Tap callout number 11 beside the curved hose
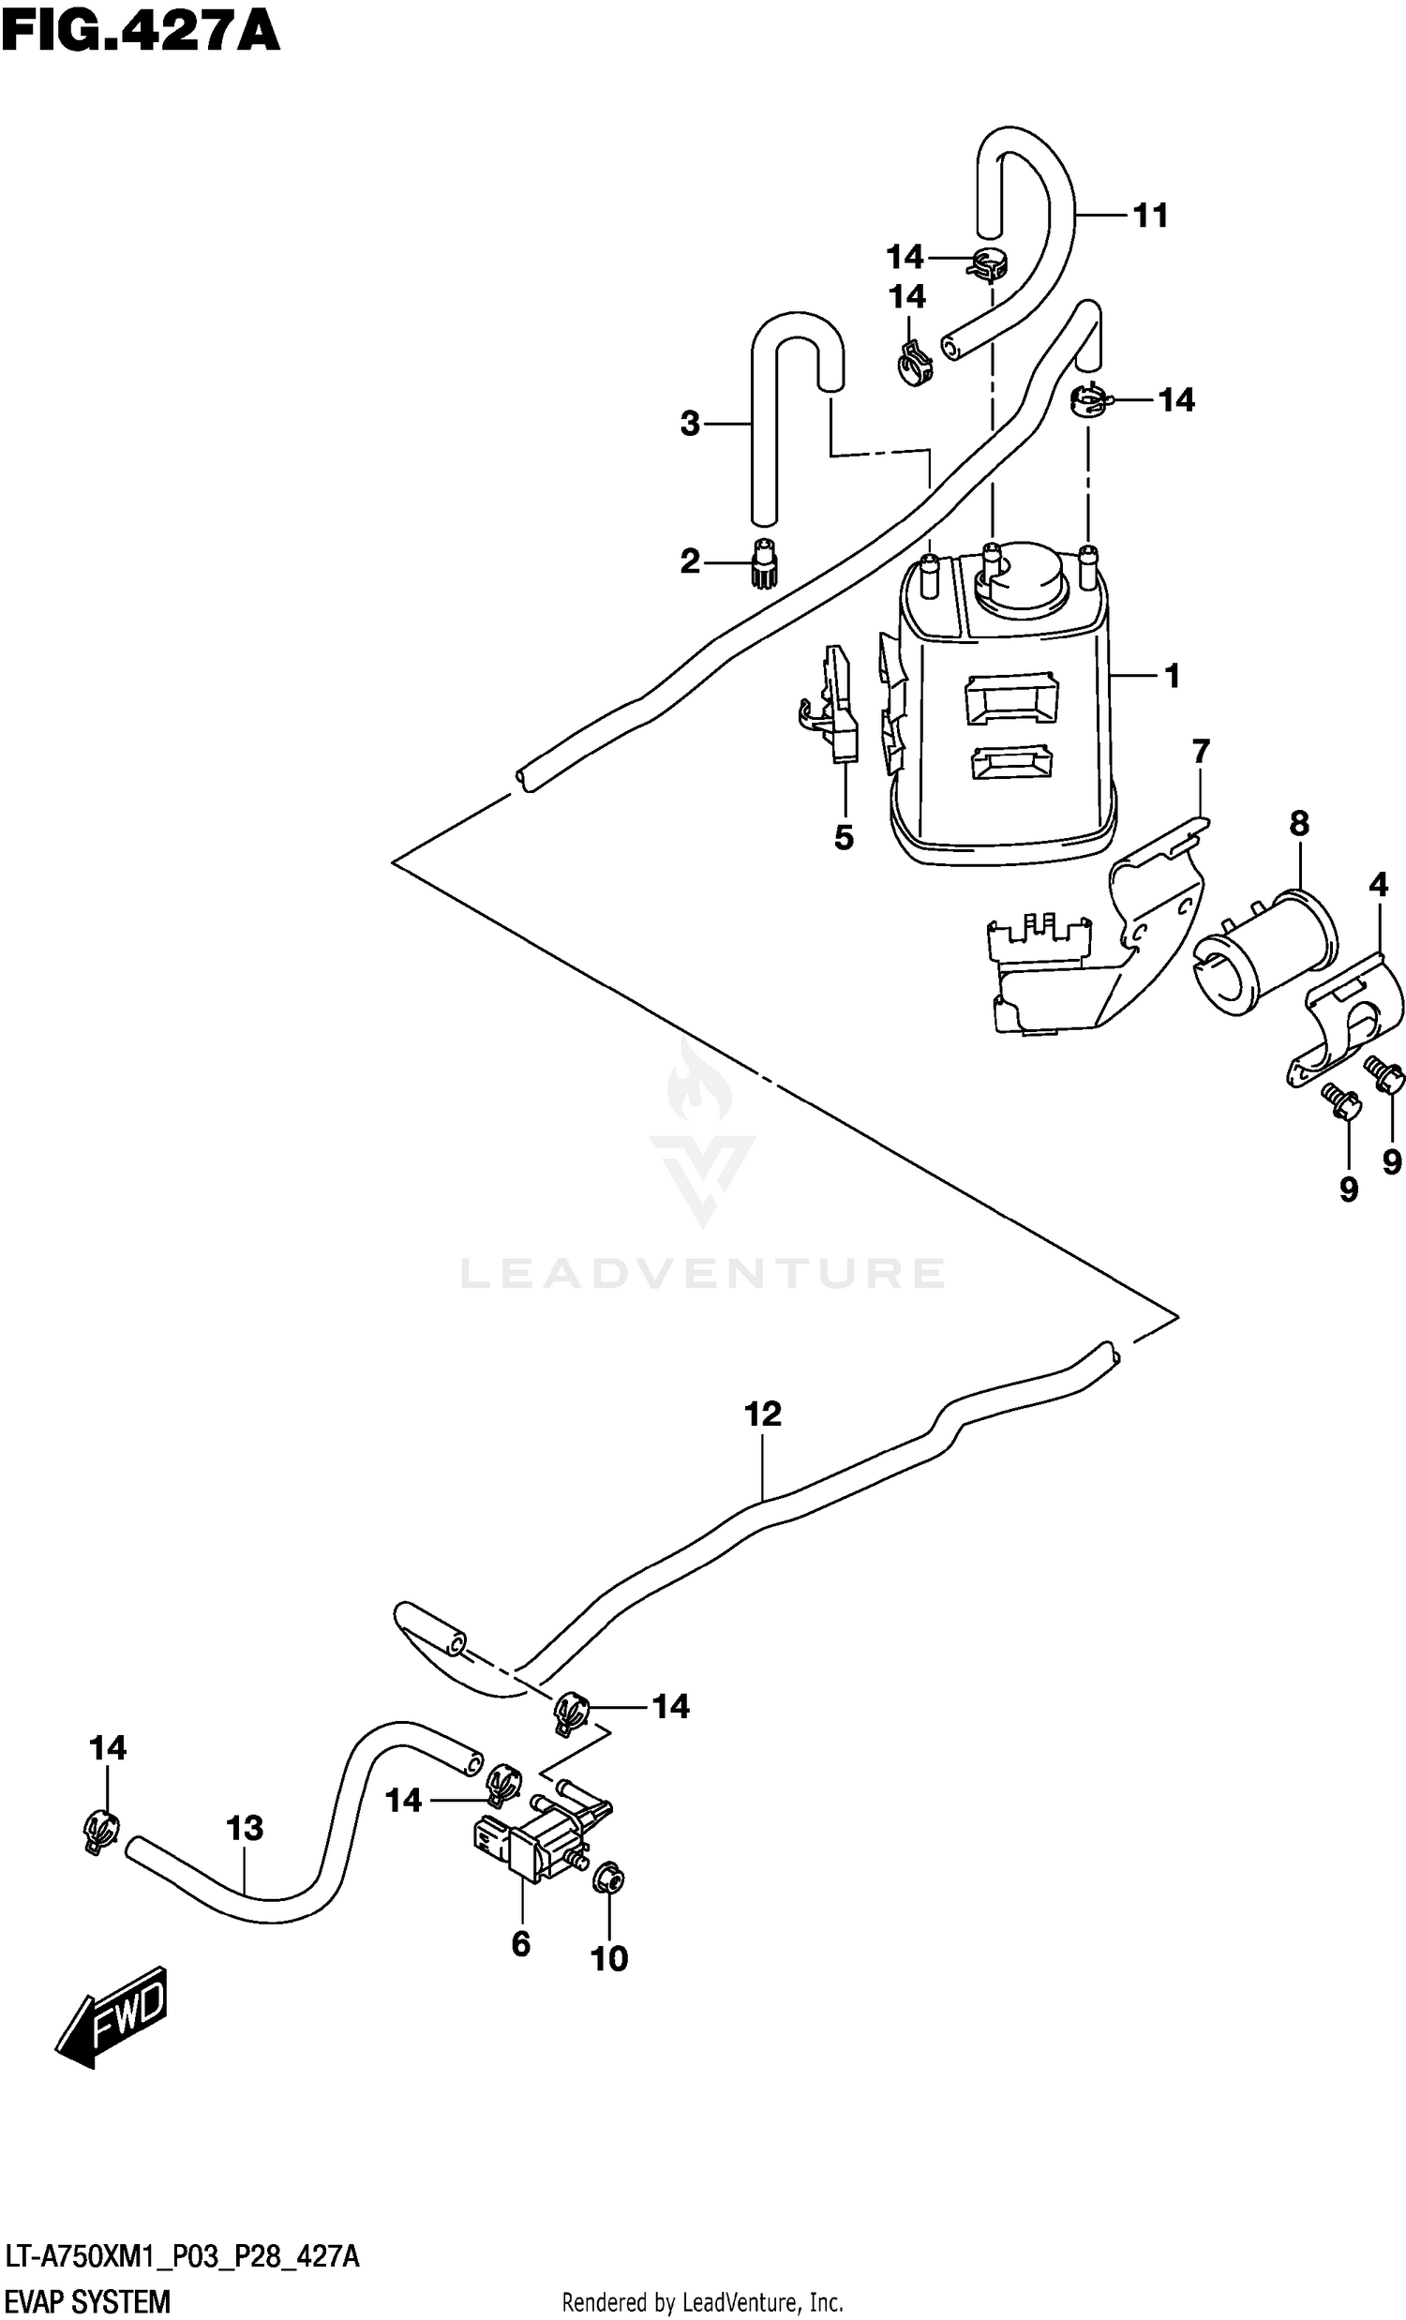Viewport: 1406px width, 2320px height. point(1150,216)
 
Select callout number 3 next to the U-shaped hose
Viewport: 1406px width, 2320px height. point(690,425)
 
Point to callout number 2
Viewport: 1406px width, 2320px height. point(690,562)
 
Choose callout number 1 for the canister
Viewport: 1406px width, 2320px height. point(1172,675)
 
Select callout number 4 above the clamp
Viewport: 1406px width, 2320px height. point(1379,884)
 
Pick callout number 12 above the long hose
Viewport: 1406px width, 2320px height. point(763,1414)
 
